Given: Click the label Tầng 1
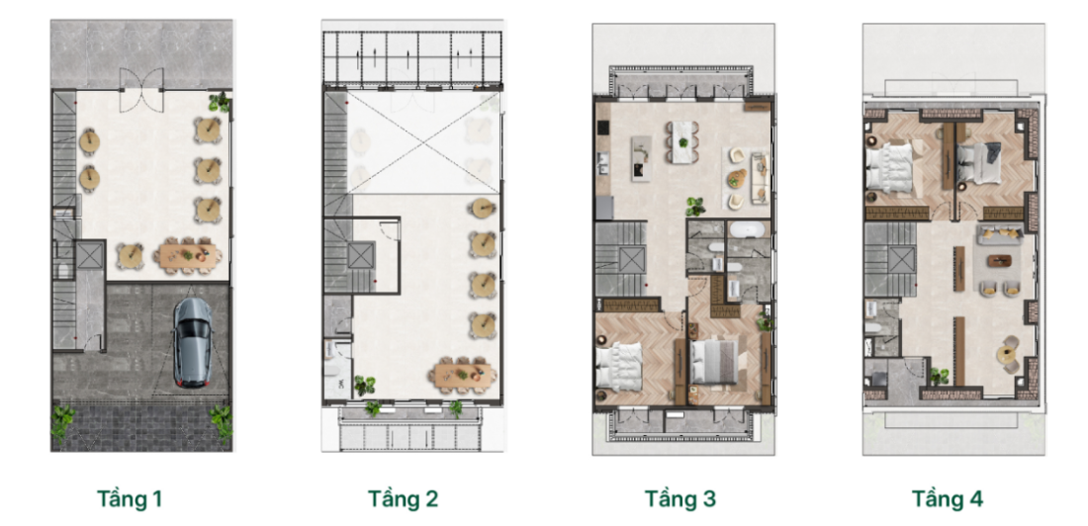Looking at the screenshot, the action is point(130,499).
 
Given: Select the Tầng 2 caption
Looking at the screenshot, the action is point(403,499).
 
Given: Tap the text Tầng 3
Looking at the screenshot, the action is point(680,499).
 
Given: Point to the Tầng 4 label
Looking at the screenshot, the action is point(948,499).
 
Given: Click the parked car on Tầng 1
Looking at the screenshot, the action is point(192,342).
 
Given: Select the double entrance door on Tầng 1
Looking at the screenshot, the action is point(141,90).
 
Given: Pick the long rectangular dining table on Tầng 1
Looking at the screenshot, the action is point(189,255).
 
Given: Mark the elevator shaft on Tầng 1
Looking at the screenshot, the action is point(89,255).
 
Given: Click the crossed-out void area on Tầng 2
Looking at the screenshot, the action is point(423,143).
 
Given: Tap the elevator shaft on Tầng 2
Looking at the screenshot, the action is point(361,255).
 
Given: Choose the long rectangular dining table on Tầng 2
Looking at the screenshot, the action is point(464,375).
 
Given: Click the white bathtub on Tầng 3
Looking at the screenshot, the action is point(749,229).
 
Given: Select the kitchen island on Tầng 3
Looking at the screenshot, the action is point(641,158).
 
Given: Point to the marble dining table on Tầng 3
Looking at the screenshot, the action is point(682,143).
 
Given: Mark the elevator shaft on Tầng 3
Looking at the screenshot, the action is point(631,260).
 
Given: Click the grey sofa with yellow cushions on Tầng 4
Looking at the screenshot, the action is point(999,234).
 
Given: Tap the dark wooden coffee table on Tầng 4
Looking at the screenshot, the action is point(1000,261).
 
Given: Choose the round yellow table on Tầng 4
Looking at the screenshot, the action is point(1006,355).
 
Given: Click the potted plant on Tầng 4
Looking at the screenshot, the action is point(939,376).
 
